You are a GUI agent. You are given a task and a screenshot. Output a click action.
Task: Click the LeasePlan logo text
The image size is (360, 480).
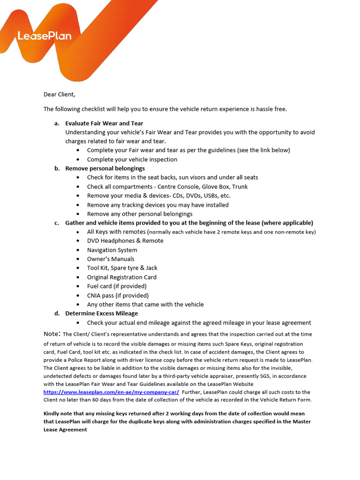pyautogui.click(x=45, y=36)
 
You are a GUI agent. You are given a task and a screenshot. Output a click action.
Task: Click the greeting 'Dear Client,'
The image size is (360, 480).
pyautogui.click(x=59, y=94)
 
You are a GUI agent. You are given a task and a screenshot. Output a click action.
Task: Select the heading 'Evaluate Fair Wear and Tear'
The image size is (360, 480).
pyautogui.click(x=104, y=123)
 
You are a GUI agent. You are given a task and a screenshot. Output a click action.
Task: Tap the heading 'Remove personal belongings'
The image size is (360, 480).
pyautogui.click(x=105, y=168)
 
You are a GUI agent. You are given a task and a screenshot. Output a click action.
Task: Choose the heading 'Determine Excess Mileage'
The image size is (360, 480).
pyautogui.click(x=102, y=313)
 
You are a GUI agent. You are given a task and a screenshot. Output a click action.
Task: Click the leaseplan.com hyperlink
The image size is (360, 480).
pyautogui.click(x=111, y=392)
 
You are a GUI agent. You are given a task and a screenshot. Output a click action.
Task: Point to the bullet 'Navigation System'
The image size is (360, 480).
pyautogui.click(x=112, y=250)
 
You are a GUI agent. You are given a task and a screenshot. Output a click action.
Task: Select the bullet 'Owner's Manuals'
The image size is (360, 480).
pyautogui.click(x=111, y=259)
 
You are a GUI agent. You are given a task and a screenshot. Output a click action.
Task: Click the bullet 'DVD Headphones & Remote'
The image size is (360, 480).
pyautogui.click(x=125, y=240)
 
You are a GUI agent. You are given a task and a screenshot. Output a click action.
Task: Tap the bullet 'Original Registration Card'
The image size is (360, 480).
pyautogui.click(x=122, y=277)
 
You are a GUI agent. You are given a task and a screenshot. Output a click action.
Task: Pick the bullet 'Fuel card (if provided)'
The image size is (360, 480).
pyautogui.click(x=117, y=286)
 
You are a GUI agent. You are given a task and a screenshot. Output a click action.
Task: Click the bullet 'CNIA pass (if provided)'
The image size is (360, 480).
pyautogui.click(x=118, y=295)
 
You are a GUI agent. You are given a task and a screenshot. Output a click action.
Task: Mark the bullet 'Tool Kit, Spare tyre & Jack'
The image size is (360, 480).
pyautogui.click(x=122, y=268)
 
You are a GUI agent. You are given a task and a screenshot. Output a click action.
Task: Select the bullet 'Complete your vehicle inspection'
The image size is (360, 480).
pyautogui.click(x=132, y=159)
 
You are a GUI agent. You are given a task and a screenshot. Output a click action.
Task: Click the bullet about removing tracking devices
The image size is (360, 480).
pyautogui.click(x=158, y=205)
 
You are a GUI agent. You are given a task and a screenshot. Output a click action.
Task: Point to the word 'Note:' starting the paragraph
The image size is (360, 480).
pyautogui.click(x=52, y=334)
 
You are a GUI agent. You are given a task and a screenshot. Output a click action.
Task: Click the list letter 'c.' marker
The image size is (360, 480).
pyautogui.click(x=57, y=223)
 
